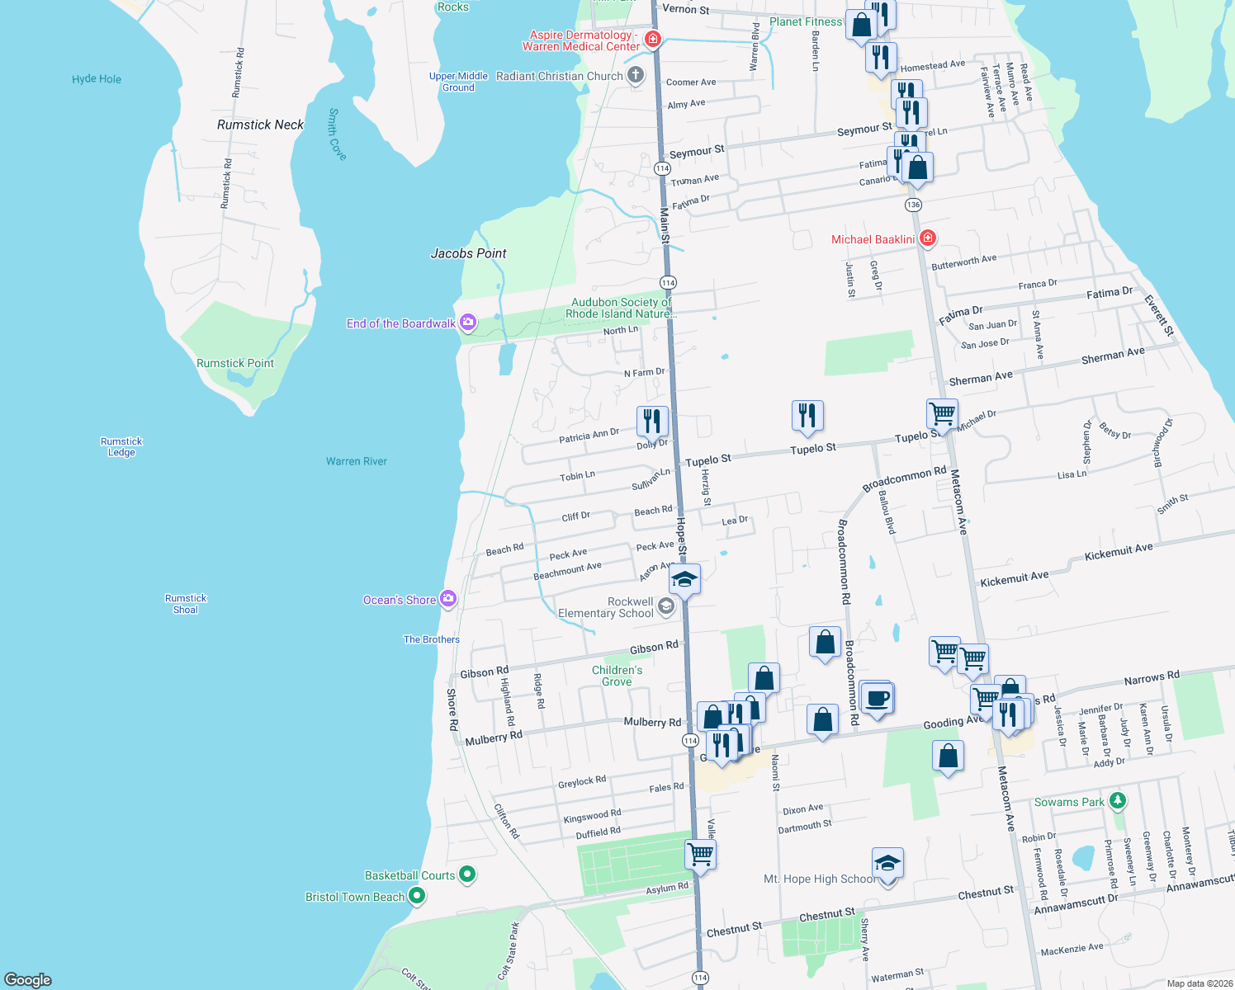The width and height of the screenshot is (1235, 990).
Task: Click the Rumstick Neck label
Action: point(260,125)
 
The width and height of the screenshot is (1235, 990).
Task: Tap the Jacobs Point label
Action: point(468,253)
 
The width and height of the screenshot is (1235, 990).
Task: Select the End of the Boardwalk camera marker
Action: point(468,323)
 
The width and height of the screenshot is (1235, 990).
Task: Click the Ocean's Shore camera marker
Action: point(448,599)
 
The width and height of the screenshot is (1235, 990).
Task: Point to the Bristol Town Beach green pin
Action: point(417,896)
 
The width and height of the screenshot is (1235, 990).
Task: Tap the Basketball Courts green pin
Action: point(467,874)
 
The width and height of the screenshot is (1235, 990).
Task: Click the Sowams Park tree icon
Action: point(1118,800)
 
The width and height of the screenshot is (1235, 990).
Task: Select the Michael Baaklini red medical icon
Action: point(928,238)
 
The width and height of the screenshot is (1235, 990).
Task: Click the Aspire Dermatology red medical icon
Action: point(653,40)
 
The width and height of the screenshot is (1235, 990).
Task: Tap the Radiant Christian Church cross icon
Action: point(636,76)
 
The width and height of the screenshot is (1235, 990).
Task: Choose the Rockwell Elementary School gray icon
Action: point(666,608)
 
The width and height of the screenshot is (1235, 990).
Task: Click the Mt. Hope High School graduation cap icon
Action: point(887,864)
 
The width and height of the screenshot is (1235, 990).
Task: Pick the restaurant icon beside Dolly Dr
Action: point(652,421)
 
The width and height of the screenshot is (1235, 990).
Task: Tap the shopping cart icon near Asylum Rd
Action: point(700,854)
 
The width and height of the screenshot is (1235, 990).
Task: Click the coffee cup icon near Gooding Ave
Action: point(877,699)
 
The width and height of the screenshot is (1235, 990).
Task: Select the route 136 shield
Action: point(913,205)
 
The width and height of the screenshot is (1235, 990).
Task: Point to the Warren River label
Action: point(357,461)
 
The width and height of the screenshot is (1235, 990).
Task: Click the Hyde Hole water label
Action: point(97,79)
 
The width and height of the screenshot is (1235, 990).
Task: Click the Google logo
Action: point(28,979)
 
